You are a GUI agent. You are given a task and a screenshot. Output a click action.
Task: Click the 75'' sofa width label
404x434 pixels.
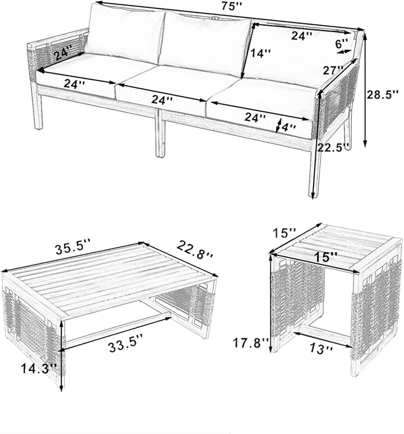231,7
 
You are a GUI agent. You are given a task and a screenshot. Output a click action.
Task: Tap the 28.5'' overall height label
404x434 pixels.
383,95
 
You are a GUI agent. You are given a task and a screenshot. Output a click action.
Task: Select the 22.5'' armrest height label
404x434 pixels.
333,147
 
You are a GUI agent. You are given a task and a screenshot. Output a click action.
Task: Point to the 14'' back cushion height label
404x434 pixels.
261,54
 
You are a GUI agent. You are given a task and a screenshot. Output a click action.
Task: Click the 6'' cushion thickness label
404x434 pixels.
342,43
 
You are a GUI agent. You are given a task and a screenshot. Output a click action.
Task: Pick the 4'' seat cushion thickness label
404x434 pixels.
289,127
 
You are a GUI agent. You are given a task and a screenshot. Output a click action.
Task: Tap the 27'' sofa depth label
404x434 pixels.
333,70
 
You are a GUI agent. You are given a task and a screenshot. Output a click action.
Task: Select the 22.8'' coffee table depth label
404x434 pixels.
194,249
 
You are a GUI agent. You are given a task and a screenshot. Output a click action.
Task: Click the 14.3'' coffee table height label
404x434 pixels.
39,369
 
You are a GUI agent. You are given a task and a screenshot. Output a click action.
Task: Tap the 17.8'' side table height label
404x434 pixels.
250,344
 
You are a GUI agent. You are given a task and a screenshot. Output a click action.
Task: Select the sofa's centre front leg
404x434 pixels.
161,134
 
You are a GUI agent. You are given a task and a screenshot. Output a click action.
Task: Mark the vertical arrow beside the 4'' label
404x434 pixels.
278,125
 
